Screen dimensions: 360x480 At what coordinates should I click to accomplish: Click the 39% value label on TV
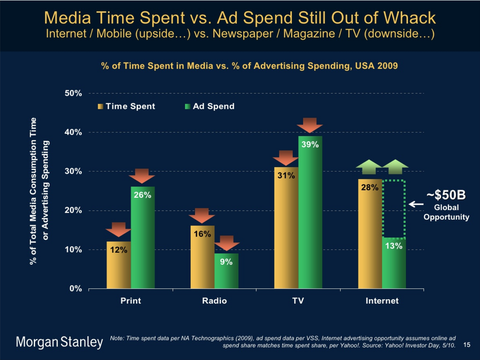click(x=310, y=144)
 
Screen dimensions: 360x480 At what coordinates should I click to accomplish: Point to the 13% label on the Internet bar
click(x=394, y=246)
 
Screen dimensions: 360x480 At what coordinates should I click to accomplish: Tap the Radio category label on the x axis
click(x=214, y=301)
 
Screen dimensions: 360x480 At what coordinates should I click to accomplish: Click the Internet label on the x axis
click(x=382, y=301)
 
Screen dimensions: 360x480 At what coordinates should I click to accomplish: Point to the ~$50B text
click(x=446, y=195)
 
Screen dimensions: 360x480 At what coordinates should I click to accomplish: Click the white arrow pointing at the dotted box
click(x=416, y=204)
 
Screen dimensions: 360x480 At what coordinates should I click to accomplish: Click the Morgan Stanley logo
click(x=59, y=342)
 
